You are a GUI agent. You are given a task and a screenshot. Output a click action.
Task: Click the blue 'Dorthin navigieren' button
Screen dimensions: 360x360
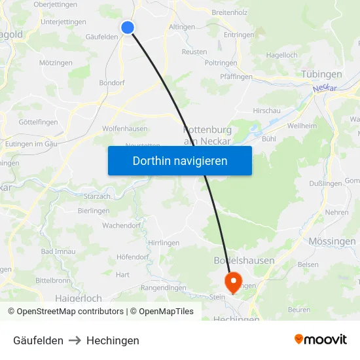[180, 161]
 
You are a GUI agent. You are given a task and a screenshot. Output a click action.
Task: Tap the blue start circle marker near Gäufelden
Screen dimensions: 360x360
[128, 27]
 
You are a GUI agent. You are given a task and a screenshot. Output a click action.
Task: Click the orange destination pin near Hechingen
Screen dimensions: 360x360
[232, 283]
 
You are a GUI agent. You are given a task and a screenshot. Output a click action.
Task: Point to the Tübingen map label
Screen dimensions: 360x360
[321, 74]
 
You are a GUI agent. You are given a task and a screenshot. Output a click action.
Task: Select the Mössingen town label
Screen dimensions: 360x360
[332, 241]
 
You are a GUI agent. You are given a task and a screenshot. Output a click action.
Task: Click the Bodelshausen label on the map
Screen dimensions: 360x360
[244, 261]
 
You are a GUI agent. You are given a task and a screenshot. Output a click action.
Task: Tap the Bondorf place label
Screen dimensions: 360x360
[111, 83]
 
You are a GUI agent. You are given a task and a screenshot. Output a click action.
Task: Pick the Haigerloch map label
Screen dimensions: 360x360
[79, 298]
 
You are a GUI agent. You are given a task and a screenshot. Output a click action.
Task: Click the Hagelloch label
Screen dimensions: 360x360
[282, 55]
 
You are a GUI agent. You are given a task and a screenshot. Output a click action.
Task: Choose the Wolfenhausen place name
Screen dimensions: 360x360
[124, 129]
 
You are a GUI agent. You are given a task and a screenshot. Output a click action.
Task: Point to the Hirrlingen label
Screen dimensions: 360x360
[164, 242]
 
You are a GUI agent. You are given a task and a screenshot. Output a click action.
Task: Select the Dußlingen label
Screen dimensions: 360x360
[325, 183]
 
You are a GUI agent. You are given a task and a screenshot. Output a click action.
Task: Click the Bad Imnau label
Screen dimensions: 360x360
[58, 251]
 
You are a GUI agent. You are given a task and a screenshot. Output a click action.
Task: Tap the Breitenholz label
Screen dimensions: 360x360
[230, 12]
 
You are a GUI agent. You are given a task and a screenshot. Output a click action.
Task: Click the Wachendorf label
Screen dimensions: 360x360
[122, 225]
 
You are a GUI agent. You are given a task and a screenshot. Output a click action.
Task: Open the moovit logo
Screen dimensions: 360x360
[320, 339]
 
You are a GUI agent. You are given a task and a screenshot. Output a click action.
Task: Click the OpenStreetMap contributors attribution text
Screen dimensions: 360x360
[65, 312]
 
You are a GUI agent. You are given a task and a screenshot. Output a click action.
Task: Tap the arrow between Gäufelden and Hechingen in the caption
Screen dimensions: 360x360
[75, 340]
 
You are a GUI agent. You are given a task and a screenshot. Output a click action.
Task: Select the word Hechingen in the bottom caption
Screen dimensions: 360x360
[113, 340]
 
